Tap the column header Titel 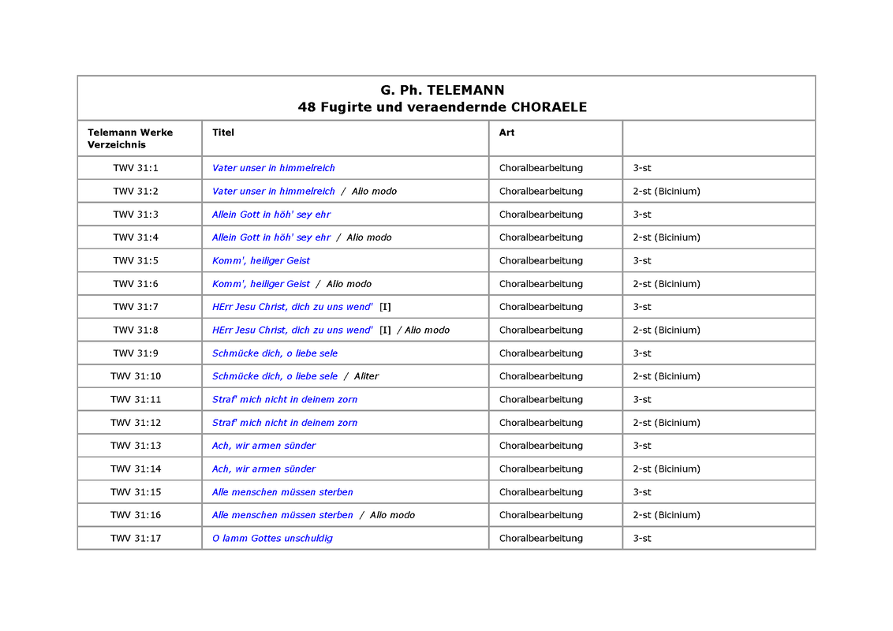click(x=223, y=133)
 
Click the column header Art click(x=506, y=133)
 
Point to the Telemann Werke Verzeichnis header click(x=130, y=138)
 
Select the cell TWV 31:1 click(x=136, y=168)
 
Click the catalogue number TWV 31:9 click(x=136, y=353)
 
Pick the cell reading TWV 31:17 click(x=136, y=539)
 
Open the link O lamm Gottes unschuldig click(x=272, y=539)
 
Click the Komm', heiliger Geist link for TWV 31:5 click(x=261, y=261)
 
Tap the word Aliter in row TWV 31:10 click(x=366, y=376)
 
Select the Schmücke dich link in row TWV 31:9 click(x=275, y=353)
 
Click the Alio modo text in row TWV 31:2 click(x=374, y=192)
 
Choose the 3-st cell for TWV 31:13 click(x=642, y=446)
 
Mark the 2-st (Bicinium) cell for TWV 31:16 click(x=666, y=515)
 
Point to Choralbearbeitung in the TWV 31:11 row click(x=541, y=400)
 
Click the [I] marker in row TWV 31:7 click(x=385, y=307)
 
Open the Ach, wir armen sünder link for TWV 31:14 click(x=263, y=469)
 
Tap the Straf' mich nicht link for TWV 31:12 click(x=285, y=423)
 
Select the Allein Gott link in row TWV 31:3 click(x=271, y=215)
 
